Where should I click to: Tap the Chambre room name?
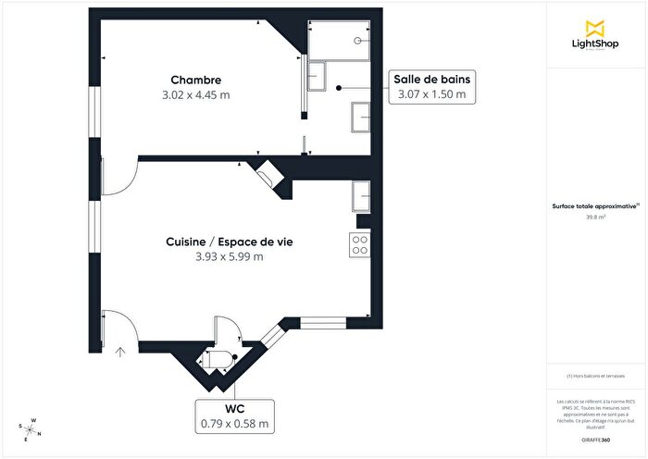(x=195, y=80)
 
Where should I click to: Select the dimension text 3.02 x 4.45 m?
(x=195, y=94)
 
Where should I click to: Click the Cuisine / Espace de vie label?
(x=236, y=242)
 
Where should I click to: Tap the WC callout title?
(x=235, y=408)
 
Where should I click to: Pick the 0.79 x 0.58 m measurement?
(x=235, y=424)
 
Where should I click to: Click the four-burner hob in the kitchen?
(x=359, y=244)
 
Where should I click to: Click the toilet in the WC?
(x=218, y=358)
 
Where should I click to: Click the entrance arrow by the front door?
(x=119, y=352)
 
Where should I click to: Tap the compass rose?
(x=31, y=429)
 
